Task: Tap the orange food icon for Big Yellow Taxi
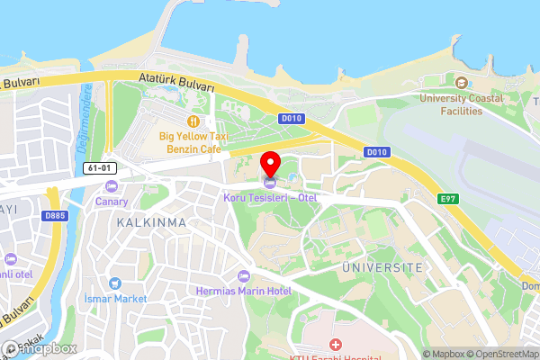coord(193,121)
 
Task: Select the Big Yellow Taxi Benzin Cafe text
coord(193,141)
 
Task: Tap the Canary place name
coord(112,201)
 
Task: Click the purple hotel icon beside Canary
coord(112,185)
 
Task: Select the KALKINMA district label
coord(151,221)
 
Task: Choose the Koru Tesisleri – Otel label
coord(270,197)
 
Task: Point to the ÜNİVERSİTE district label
coord(382,268)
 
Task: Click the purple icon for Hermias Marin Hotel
coord(242,275)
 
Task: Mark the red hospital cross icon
coord(335,345)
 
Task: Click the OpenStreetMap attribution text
coord(495,354)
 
